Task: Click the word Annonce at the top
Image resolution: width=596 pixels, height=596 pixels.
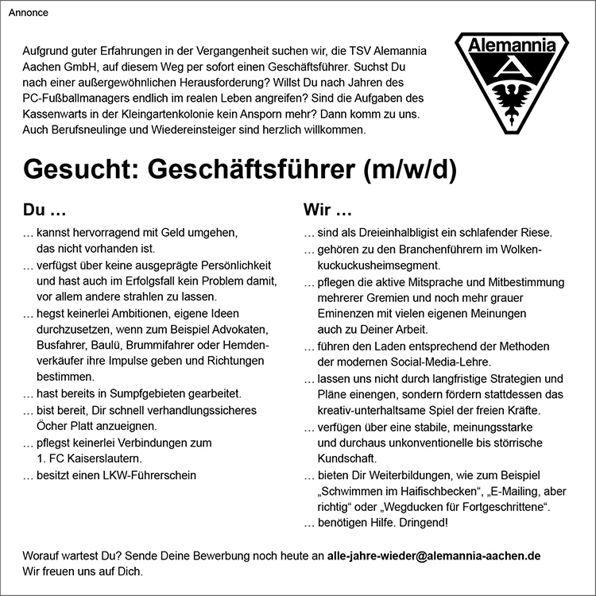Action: [x=28, y=13]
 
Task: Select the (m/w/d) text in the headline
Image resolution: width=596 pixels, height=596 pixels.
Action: [x=409, y=169]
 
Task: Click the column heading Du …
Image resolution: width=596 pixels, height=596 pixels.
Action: [x=44, y=212]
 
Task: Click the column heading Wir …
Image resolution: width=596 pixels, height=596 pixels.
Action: [x=327, y=212]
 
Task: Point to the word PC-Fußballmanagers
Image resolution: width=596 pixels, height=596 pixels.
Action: [x=77, y=97]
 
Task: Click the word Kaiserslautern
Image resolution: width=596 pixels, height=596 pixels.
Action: [x=103, y=459]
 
